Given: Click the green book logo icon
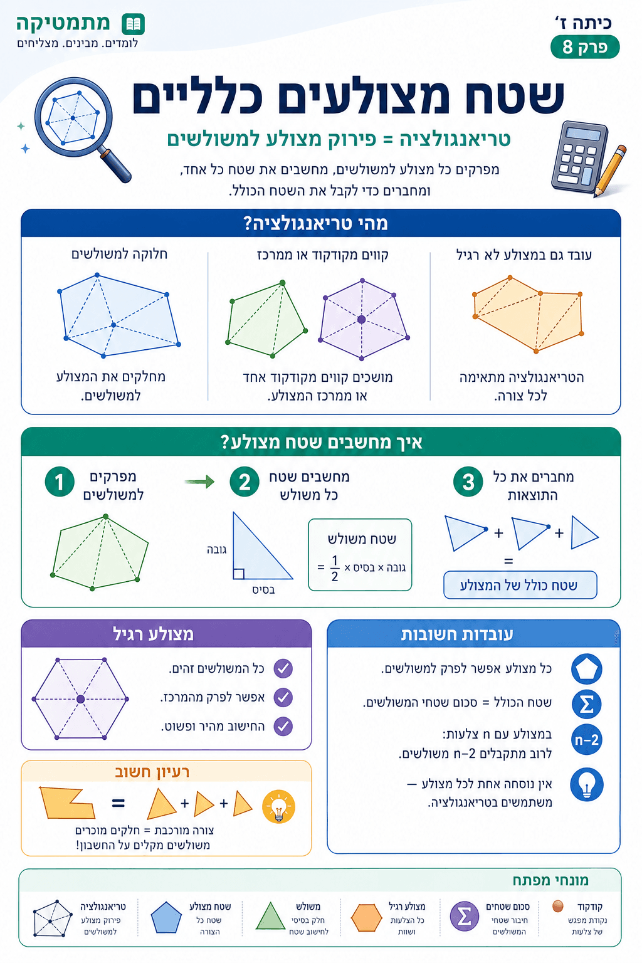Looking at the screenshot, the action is pyautogui.click(x=134, y=24).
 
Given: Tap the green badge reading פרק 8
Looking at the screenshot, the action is pyautogui.click(x=585, y=47).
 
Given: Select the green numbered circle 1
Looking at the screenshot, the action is pyautogui.click(x=60, y=482).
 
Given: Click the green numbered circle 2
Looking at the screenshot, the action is pyautogui.click(x=245, y=482).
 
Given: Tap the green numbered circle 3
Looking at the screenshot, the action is pyautogui.click(x=468, y=482).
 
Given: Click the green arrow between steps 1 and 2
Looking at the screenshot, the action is pyautogui.click(x=199, y=481).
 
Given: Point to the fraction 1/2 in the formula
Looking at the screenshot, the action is pyautogui.click(x=335, y=569).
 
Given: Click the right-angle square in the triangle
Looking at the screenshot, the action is pyautogui.click(x=239, y=574).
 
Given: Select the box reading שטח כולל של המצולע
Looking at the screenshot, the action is pyautogui.click(x=520, y=585).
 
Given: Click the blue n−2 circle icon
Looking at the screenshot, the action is pyautogui.click(x=587, y=740).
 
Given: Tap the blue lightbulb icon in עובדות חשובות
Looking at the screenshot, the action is pyautogui.click(x=587, y=784).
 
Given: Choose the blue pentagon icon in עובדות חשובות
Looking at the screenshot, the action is pyautogui.click(x=587, y=669).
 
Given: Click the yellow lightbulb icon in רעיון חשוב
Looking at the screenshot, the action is pyautogui.click(x=278, y=806).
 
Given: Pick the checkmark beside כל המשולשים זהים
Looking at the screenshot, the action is pyautogui.click(x=283, y=668).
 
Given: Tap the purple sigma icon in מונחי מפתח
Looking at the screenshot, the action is pyautogui.click(x=465, y=916).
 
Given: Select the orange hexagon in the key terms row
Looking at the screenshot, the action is pyautogui.click(x=366, y=918).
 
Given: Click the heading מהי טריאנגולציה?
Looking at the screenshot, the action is pyautogui.click(x=315, y=224).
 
